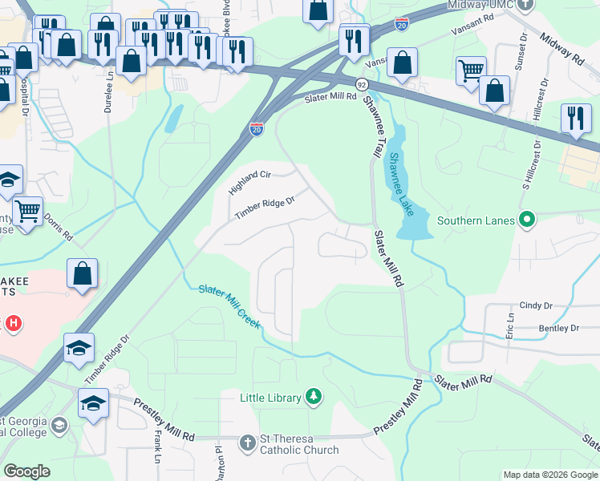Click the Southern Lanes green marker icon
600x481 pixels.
tap(526, 219)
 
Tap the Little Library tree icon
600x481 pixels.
tap(314, 397)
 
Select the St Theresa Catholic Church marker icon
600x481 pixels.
tap(248, 443)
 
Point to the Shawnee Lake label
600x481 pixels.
tap(399, 184)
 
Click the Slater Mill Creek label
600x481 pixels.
tap(229, 305)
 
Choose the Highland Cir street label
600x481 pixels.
tap(250, 184)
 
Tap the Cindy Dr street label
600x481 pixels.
tap(537, 305)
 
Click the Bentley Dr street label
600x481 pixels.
tap(558, 328)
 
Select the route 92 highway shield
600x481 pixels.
tap(362, 83)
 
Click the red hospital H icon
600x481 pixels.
tap(13, 324)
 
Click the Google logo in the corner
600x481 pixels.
tap(26, 471)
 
